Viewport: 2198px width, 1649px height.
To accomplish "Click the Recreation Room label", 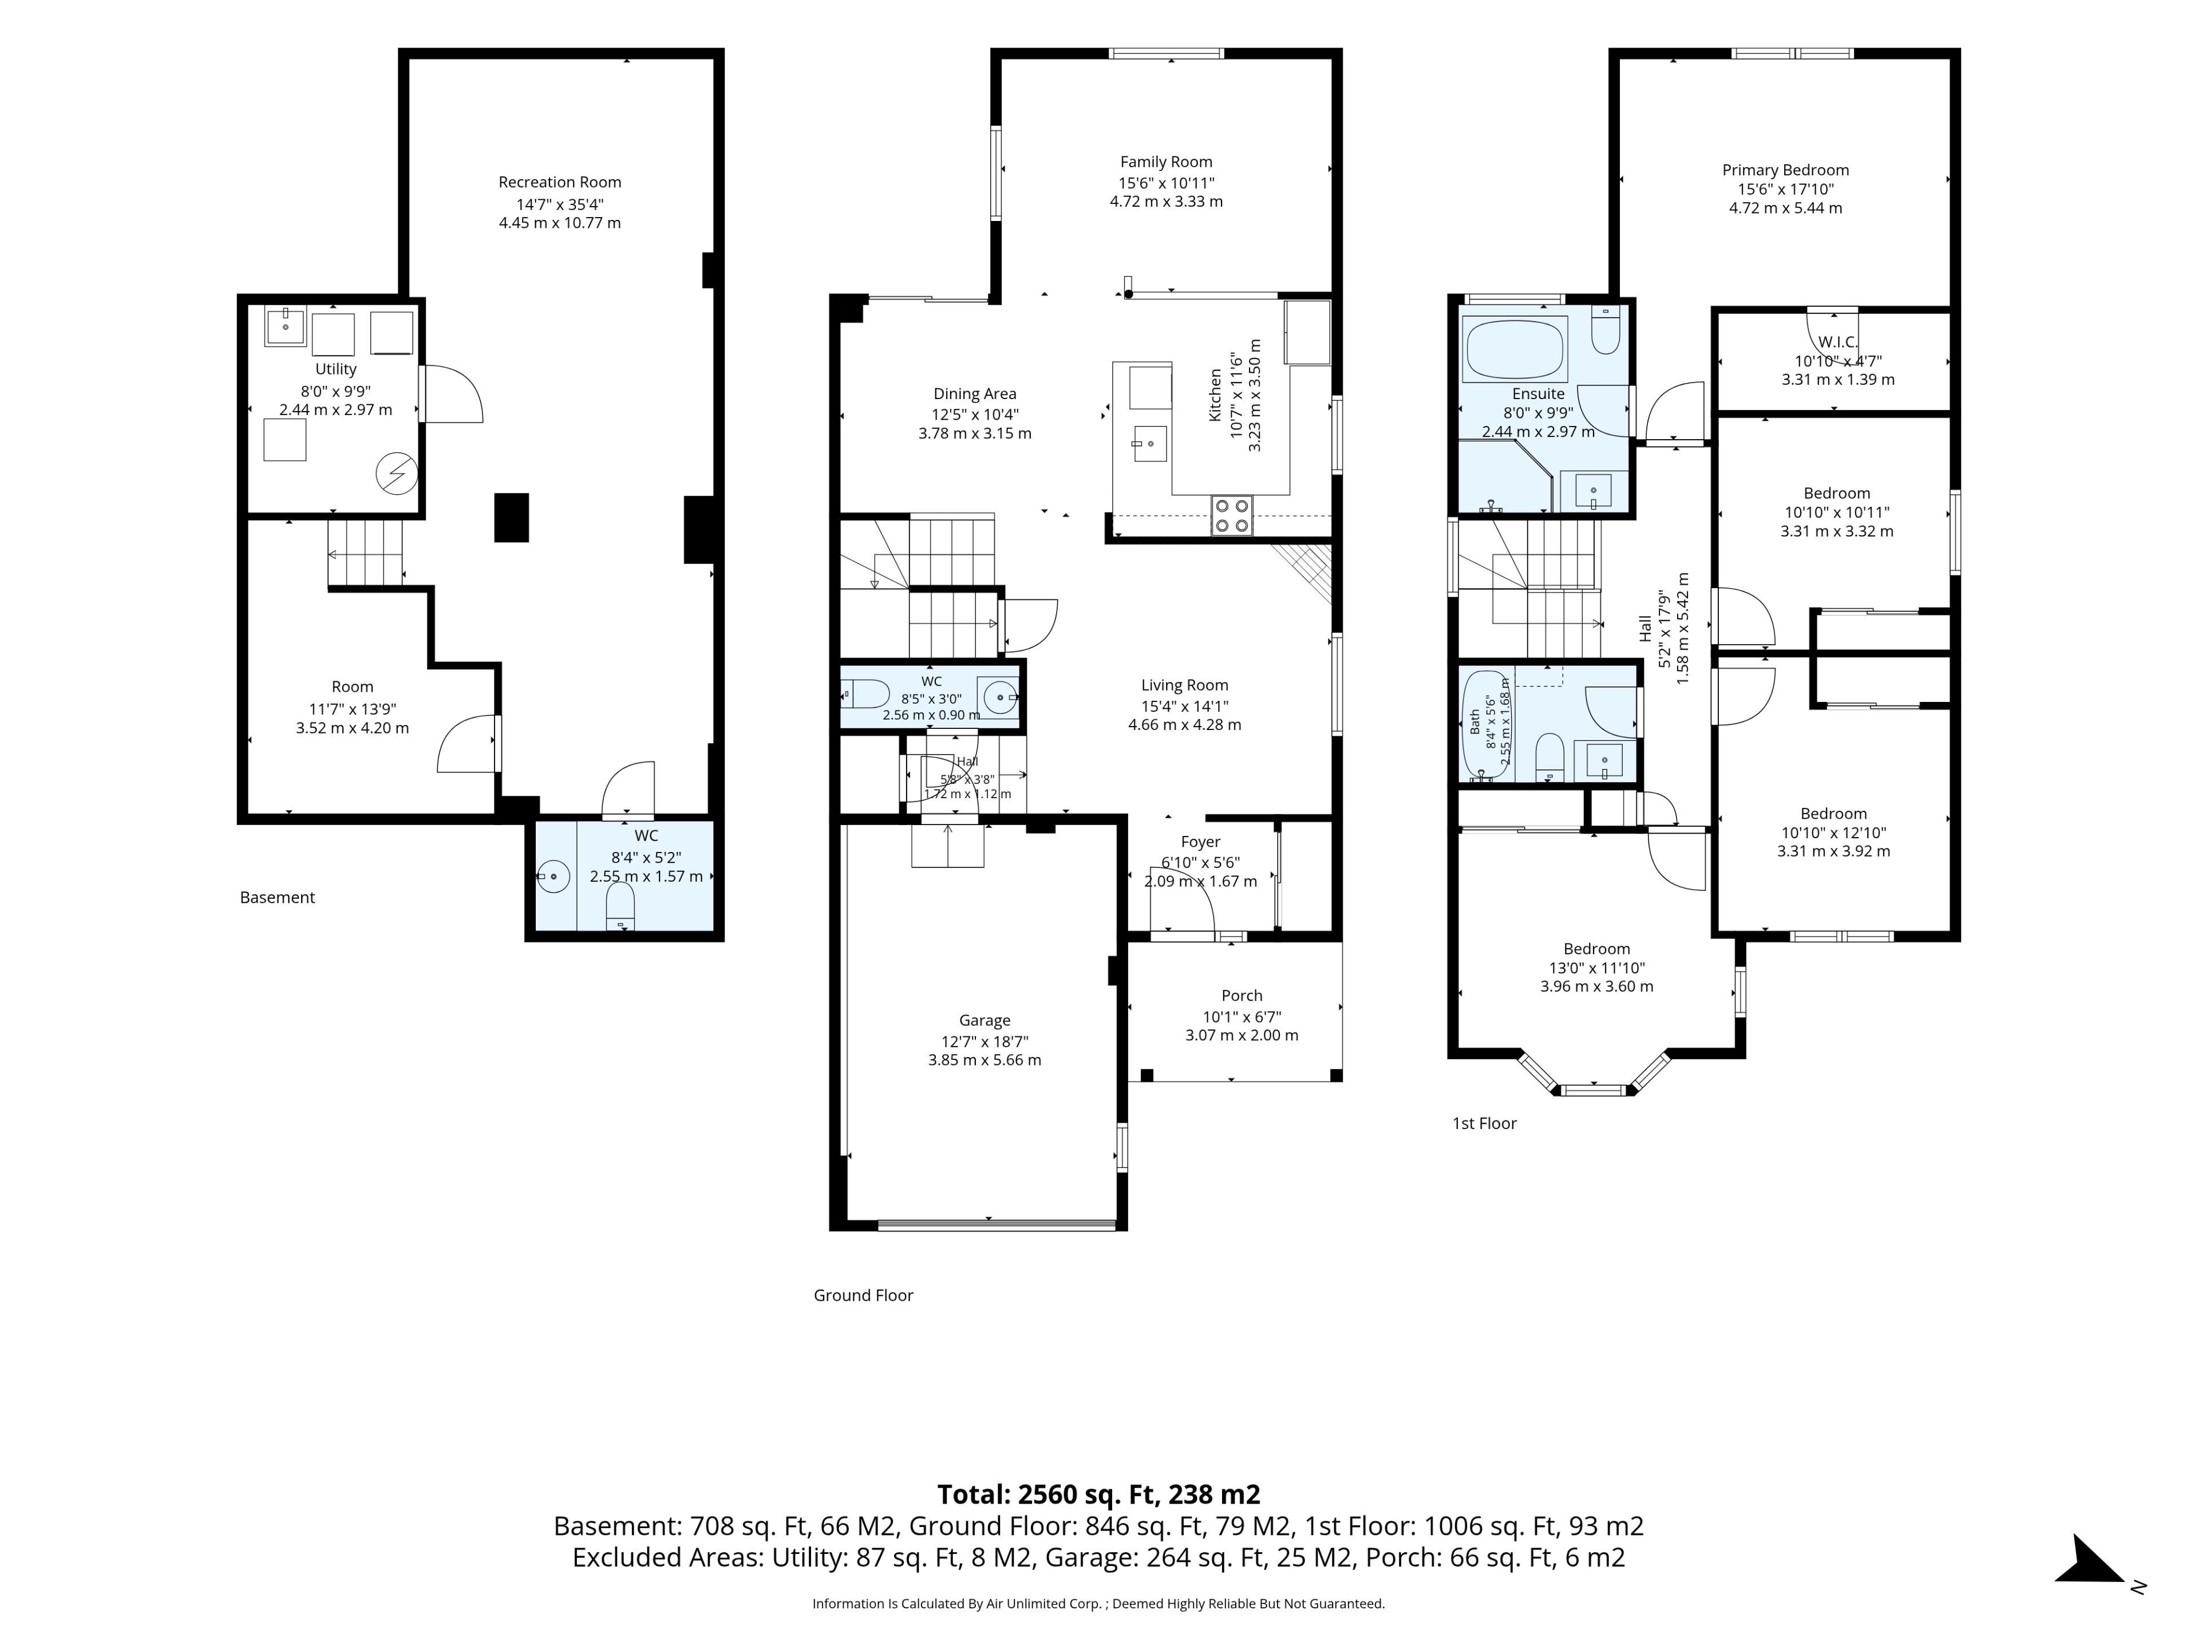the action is (559, 182).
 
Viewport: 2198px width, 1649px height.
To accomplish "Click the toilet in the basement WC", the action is (620, 906).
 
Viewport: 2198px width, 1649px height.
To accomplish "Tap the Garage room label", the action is (985, 1021).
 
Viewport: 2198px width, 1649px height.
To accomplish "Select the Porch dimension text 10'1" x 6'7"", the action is (1242, 1016).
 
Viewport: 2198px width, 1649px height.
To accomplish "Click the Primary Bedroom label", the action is (1786, 170).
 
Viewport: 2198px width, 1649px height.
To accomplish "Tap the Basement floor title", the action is (277, 898).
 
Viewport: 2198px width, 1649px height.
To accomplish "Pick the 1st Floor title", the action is (1485, 1123).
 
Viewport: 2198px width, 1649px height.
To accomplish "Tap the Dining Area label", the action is (975, 393).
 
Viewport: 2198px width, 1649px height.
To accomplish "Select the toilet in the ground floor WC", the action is (864, 693).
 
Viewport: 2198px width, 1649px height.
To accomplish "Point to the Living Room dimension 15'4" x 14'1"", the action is (1184, 706).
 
